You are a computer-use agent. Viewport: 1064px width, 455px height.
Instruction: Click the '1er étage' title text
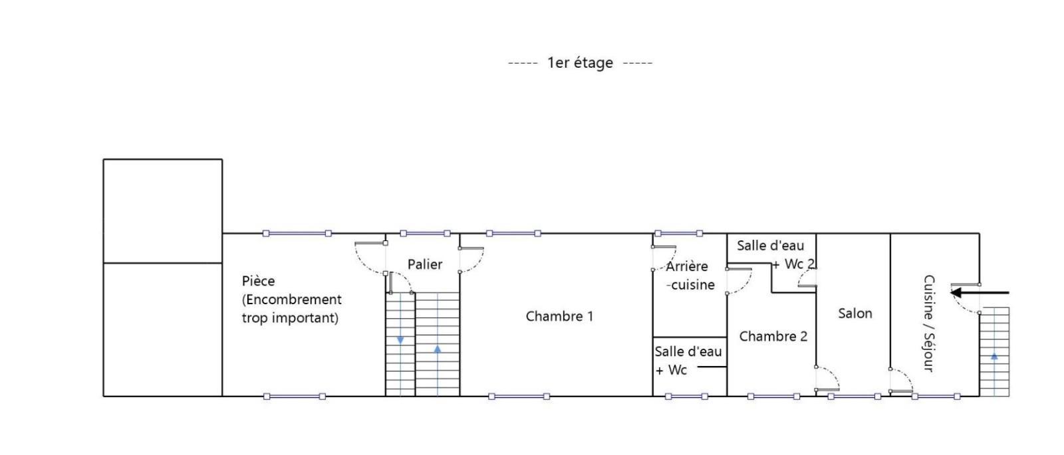coord(580,62)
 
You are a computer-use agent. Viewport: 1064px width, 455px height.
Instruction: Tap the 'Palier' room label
coord(425,264)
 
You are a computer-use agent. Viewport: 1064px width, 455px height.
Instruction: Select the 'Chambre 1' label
coord(559,316)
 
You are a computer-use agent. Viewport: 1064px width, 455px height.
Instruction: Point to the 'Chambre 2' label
coord(773,336)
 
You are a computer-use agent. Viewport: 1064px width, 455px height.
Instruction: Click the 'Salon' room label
coord(855,314)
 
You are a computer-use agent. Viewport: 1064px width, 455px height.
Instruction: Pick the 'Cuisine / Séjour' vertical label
coord(929,323)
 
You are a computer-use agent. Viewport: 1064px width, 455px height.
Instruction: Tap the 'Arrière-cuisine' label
coord(689,276)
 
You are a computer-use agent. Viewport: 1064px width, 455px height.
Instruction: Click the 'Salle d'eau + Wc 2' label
coord(775,255)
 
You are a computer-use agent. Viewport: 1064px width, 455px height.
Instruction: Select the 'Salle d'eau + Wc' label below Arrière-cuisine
coord(688,361)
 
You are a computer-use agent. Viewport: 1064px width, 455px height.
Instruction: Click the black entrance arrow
coord(980,293)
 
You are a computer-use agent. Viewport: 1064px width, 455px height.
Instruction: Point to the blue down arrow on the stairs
coord(400,340)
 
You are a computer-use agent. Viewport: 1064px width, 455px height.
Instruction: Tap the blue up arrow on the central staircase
coord(438,349)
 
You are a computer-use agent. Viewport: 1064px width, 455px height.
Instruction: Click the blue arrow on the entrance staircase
coord(994,356)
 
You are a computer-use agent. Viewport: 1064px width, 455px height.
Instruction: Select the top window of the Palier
coord(425,233)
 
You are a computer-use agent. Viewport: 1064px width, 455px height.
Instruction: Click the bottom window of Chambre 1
coord(519,396)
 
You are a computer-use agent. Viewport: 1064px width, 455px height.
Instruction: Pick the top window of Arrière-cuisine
coord(678,233)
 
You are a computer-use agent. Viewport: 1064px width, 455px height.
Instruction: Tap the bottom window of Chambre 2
coord(773,396)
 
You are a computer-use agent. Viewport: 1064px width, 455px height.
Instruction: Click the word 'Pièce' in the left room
coord(259,282)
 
